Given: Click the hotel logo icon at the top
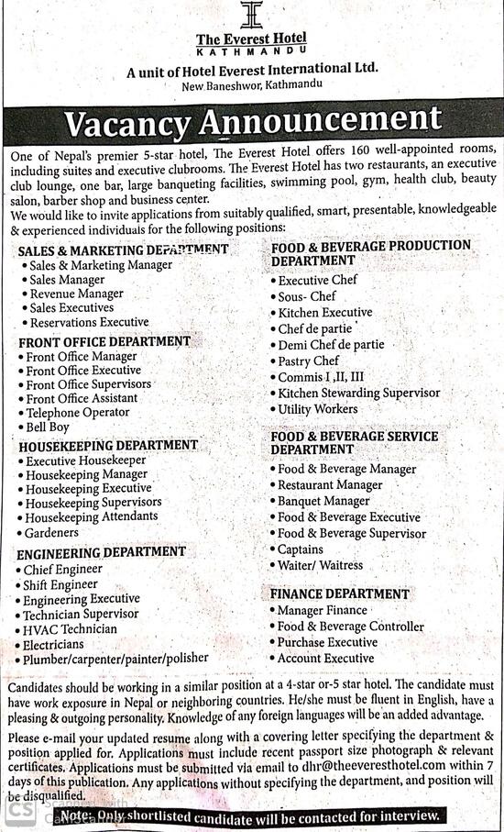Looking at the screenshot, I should (x=250, y=16).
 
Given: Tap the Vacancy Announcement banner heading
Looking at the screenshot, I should (x=252, y=120).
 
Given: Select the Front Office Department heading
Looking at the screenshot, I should (x=104, y=341).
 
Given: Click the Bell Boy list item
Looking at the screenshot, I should (x=48, y=427).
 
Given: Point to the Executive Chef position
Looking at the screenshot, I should (x=318, y=280).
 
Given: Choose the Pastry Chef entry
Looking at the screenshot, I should (x=309, y=361).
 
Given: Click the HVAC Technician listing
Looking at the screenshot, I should (x=71, y=629).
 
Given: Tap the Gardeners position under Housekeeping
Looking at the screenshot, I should (x=52, y=532).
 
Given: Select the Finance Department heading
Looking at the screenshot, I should (x=340, y=593).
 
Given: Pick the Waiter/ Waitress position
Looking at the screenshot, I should (x=321, y=565).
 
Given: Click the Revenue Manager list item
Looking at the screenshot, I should (x=76, y=294).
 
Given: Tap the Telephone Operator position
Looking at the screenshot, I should (x=78, y=413).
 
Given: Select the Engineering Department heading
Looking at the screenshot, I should (x=101, y=552).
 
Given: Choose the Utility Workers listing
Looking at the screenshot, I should (x=318, y=409).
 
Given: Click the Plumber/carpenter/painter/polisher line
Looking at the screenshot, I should (x=116, y=658).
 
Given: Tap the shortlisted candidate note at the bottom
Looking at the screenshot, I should (x=250, y=815).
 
